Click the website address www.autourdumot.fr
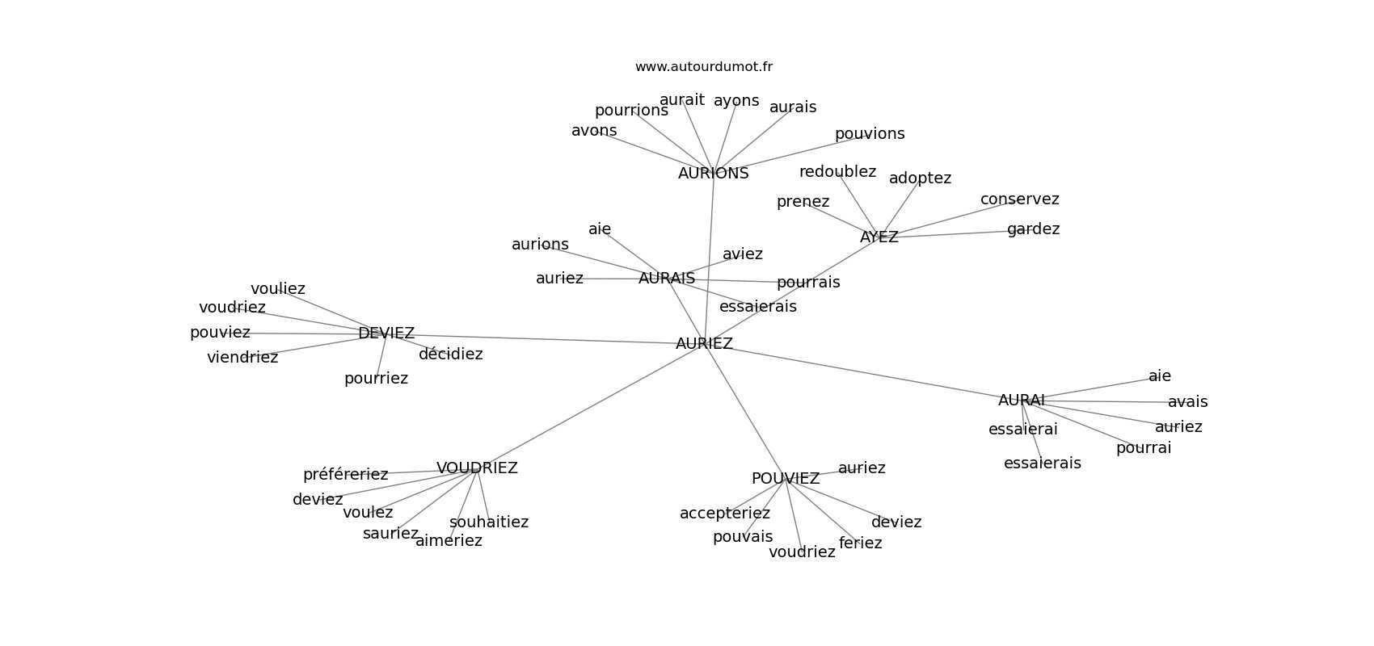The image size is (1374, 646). pyautogui.click(x=703, y=67)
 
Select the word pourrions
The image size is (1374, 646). pyautogui.click(x=631, y=111)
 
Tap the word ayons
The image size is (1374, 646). pyautogui.click(x=736, y=101)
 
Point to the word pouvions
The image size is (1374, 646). pyautogui.click(x=870, y=134)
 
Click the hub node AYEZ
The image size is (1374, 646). pyautogui.click(x=879, y=237)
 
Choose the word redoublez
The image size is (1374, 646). pyautogui.click(x=837, y=172)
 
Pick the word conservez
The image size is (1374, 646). pyautogui.click(x=1019, y=199)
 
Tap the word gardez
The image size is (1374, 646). pyautogui.click(x=1033, y=229)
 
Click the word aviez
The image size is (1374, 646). pyautogui.click(x=742, y=254)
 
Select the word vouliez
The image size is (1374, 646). pyautogui.click(x=277, y=289)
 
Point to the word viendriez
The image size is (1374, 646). pyautogui.click(x=242, y=358)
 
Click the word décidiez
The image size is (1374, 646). pyautogui.click(x=450, y=354)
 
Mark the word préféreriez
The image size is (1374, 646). pyautogui.click(x=345, y=475)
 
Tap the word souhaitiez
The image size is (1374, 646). pyautogui.click(x=489, y=522)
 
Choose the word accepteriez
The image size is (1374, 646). pyautogui.click(x=725, y=514)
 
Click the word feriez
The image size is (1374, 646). pyautogui.click(x=860, y=543)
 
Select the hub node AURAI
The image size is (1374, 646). pyautogui.click(x=1022, y=401)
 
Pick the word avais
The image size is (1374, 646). pyautogui.click(x=1187, y=402)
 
